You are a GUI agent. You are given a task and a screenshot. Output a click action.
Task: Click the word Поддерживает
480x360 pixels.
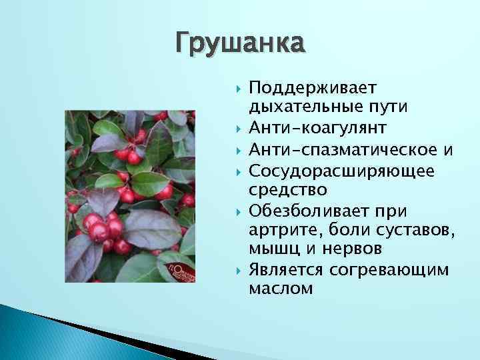pyautogui.click(x=313, y=89)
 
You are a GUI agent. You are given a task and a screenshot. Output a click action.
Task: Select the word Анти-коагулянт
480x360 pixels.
pyautogui.click(x=316, y=127)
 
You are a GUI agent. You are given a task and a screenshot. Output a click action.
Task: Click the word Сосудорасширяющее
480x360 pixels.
pyautogui.click(x=341, y=171)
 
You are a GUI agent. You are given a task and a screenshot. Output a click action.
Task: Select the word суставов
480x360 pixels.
pyautogui.click(x=416, y=231)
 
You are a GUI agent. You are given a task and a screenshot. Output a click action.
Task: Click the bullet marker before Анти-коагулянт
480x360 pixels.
pyautogui.click(x=237, y=127)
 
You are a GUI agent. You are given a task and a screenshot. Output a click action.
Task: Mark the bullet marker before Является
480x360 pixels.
pyautogui.click(x=237, y=270)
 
